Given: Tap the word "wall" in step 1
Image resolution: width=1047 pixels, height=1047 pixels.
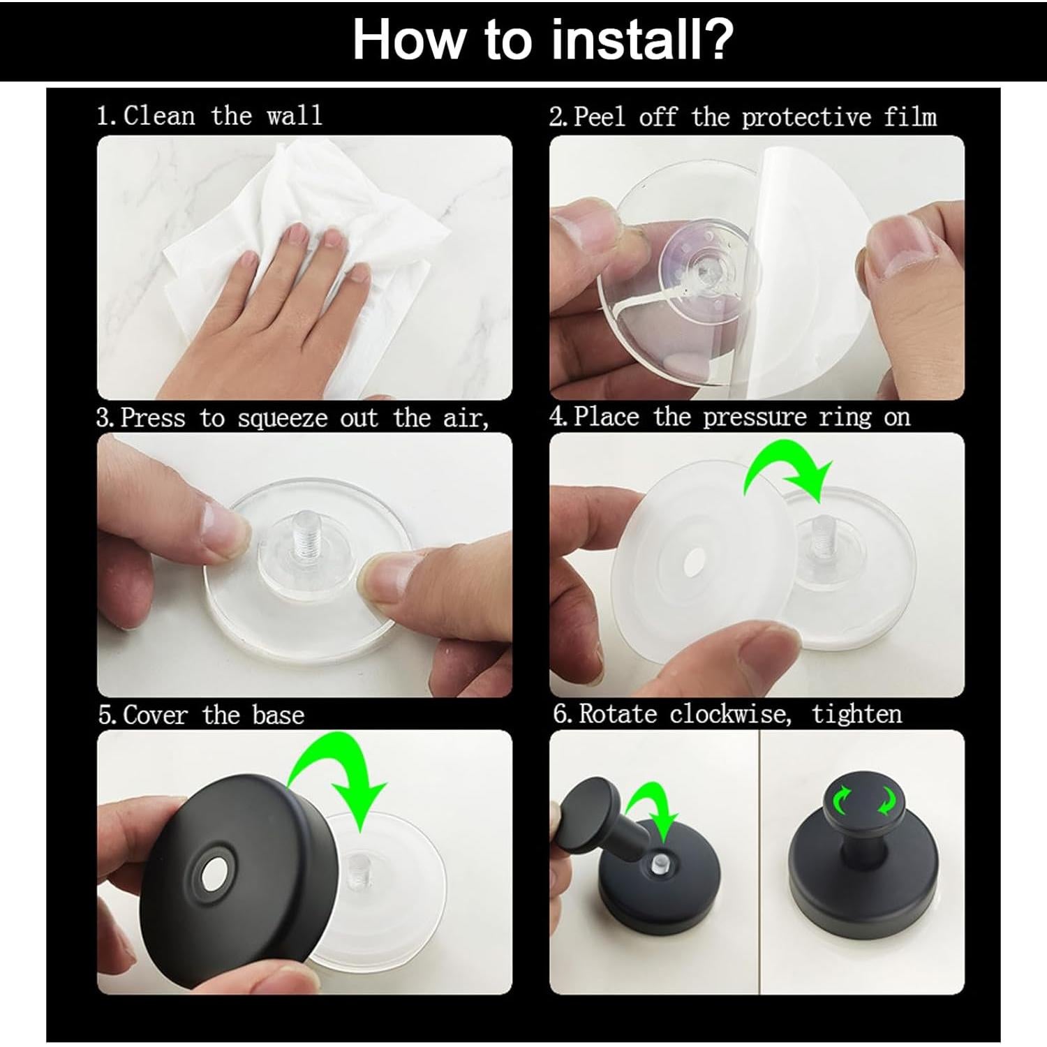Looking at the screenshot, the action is pos(295,115).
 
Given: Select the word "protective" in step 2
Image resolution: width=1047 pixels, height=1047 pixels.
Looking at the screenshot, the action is pos(806,117).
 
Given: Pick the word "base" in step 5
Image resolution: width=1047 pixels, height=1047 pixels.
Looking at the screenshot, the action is pos(279,715).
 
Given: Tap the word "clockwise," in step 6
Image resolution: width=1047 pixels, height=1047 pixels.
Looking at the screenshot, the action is pos(730,714).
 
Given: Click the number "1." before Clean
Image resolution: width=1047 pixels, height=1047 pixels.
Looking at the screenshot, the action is pos(108,116).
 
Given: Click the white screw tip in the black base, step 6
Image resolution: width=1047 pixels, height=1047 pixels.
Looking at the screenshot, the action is pos(658,863).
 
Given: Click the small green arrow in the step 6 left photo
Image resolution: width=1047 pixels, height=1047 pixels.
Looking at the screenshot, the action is pos(653,810).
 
